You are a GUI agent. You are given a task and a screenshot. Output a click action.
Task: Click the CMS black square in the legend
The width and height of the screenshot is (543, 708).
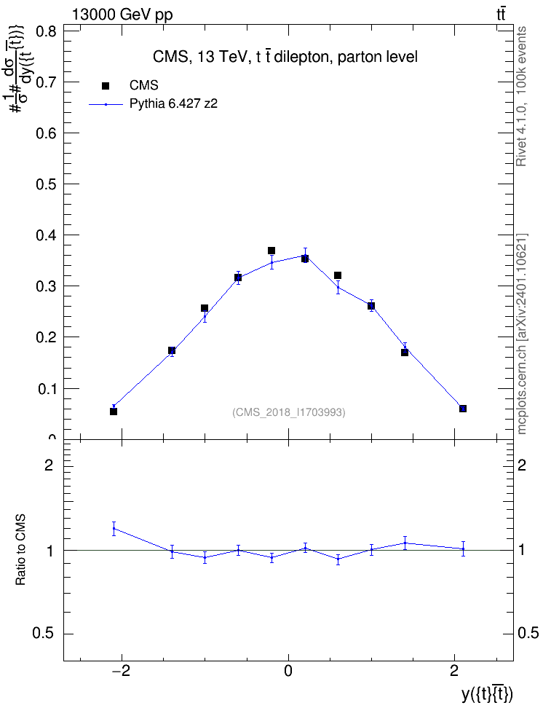tap(106, 86)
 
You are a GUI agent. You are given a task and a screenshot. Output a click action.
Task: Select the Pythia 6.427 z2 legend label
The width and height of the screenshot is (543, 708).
tap(173, 104)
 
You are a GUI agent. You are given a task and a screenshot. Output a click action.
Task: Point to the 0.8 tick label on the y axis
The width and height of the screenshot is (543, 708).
tap(46, 32)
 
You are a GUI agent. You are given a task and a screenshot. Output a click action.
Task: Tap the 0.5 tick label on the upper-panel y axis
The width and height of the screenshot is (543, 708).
tap(46, 185)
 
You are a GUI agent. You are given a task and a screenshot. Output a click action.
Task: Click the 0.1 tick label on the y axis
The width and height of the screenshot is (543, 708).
tap(46, 389)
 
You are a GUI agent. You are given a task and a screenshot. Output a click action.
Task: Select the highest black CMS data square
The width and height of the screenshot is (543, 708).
tap(271, 251)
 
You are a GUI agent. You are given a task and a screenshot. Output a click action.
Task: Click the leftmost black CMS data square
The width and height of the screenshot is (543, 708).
tap(114, 412)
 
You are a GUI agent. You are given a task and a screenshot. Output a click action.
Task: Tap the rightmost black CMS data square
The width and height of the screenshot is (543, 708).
tap(463, 409)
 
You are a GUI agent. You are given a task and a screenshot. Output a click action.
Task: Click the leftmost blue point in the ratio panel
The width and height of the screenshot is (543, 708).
tap(114, 528)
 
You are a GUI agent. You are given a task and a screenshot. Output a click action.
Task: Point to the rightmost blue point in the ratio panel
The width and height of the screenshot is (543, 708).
tap(463, 548)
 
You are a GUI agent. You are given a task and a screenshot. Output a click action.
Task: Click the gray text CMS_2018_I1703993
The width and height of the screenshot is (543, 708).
tap(289, 412)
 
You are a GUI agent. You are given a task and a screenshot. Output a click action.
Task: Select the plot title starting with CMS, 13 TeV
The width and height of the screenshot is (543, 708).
tap(285, 57)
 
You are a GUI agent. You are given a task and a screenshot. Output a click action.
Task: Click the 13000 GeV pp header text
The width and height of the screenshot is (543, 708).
tap(122, 15)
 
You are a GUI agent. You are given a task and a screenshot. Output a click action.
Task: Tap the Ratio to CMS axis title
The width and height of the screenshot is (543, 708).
tap(20, 549)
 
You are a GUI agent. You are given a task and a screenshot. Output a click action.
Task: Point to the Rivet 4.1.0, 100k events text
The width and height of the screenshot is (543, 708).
tap(521, 97)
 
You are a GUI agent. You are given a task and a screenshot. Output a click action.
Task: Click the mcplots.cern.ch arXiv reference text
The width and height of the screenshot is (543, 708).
tap(521, 334)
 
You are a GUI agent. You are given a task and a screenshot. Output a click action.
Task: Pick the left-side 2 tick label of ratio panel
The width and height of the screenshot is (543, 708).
tap(49, 465)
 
